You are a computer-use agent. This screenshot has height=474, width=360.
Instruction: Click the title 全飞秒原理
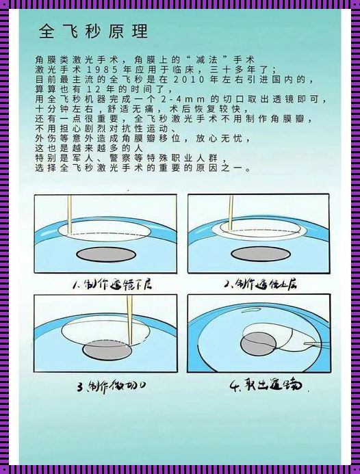(93, 31)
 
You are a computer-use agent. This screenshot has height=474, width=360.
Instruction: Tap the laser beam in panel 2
(232, 215)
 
